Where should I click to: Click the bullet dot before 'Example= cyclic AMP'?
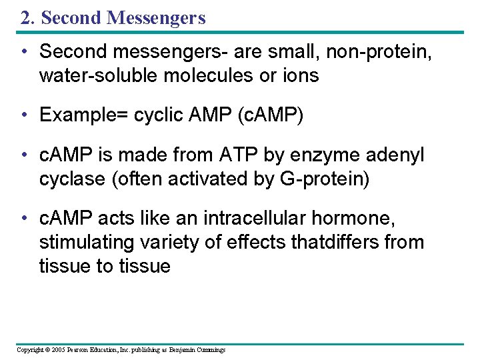[25, 115]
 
